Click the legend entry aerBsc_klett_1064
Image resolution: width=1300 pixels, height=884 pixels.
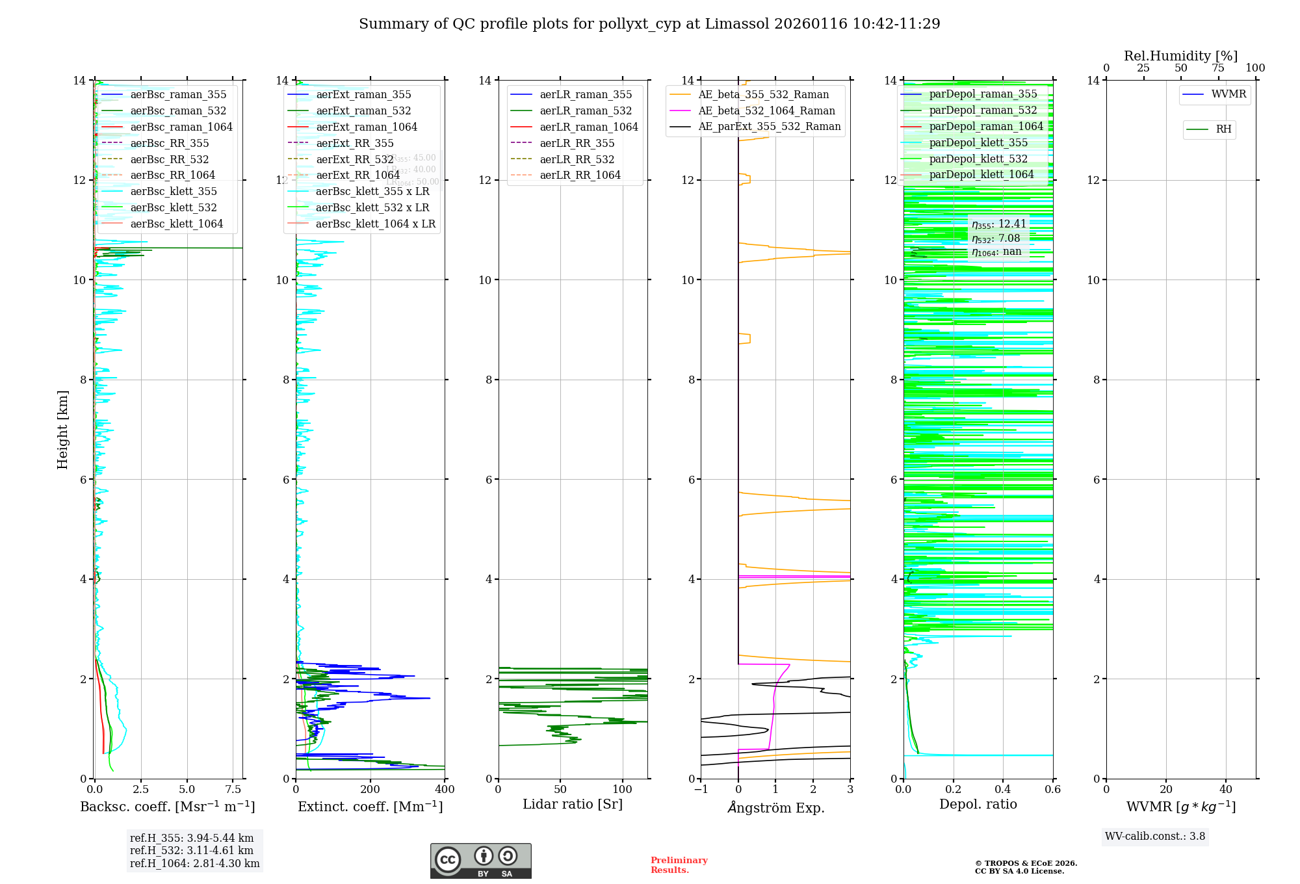(x=176, y=224)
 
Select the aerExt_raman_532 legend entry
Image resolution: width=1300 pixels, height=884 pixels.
(x=363, y=110)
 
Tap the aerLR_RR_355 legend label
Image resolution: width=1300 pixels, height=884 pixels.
(x=577, y=143)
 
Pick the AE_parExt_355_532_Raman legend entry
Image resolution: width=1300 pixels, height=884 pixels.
(x=769, y=126)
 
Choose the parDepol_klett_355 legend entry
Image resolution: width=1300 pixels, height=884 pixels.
(x=978, y=142)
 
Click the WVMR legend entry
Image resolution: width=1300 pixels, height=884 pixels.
(x=1228, y=94)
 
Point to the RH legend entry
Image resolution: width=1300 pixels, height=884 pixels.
(x=1223, y=129)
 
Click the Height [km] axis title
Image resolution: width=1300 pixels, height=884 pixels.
(x=62, y=429)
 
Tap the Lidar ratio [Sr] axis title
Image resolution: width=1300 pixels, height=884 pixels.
(x=572, y=804)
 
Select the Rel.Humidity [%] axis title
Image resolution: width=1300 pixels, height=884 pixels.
(x=1180, y=56)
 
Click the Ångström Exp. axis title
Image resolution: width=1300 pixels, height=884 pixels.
(x=775, y=807)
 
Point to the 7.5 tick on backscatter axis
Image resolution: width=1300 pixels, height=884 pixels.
(x=233, y=790)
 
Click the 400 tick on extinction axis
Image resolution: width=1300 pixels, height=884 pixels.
(x=445, y=790)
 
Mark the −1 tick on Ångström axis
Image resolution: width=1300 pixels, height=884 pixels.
(x=701, y=790)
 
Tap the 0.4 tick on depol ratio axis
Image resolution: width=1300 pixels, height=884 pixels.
(x=1003, y=790)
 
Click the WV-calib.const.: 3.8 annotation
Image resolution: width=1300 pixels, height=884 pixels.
(x=1155, y=836)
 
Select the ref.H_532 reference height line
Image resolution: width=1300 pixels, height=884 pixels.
(x=191, y=850)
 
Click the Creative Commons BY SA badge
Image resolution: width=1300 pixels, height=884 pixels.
(x=480, y=861)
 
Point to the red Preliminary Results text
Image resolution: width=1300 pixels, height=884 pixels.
(x=679, y=864)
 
